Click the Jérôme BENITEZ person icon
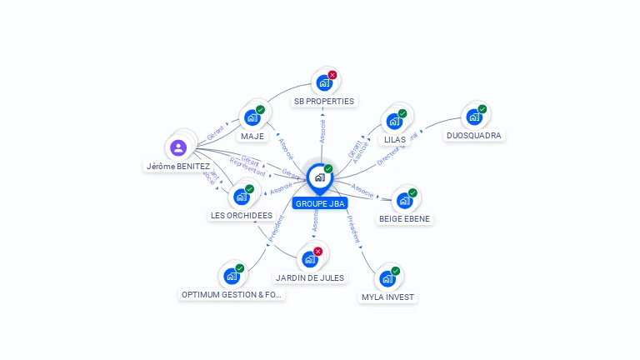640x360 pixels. (x=178, y=148)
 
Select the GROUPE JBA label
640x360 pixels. (x=319, y=203)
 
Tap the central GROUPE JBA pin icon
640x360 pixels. (x=319, y=177)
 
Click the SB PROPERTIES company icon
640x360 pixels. (x=323, y=83)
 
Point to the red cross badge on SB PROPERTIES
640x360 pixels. (x=332, y=75)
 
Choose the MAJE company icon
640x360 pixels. (x=251, y=117)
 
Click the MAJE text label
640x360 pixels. (x=252, y=136)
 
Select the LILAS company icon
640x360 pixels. (x=393, y=121)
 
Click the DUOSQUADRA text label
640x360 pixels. (x=474, y=135)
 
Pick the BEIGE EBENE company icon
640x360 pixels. (x=404, y=201)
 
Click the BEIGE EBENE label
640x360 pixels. (x=406, y=219)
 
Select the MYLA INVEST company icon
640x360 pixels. (x=387, y=278)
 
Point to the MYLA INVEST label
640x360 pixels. (x=387, y=297)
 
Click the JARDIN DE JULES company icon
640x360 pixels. (x=309, y=259)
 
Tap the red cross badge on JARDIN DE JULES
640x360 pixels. (x=317, y=251)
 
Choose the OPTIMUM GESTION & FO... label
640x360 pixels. (x=232, y=294)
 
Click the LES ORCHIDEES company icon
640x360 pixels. (x=241, y=197)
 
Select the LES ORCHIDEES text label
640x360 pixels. (x=242, y=215)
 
